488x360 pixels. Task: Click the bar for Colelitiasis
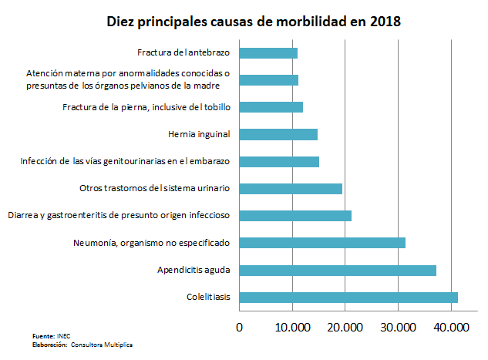point(348,297)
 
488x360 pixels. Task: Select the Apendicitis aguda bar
point(338,270)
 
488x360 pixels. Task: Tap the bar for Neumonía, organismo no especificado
point(322,243)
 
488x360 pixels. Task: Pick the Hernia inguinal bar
point(278,134)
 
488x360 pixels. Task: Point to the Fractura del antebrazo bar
point(268,53)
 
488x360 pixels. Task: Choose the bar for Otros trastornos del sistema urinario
point(291,188)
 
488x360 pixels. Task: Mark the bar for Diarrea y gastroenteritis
point(295,216)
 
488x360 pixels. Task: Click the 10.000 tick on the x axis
point(292,327)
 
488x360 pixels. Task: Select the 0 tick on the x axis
point(240,327)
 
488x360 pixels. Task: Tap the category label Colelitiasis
point(209,297)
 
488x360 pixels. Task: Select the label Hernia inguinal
point(199,134)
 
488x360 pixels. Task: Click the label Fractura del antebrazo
point(185,53)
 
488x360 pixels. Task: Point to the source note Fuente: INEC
point(52,337)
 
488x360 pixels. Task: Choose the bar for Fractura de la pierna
point(271,107)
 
